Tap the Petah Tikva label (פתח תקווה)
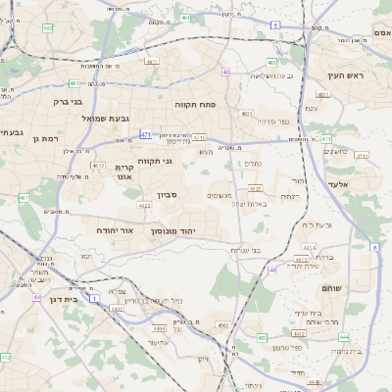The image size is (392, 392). (x=195, y=104)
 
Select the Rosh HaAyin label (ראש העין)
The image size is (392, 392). (x=347, y=75)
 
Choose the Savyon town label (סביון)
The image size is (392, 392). (x=166, y=196)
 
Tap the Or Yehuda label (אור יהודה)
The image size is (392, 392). (x=116, y=228)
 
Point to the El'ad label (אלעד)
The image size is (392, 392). (x=337, y=184)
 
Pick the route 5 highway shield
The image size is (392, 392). (x=275, y=24)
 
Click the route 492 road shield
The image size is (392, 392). (x=48, y=29)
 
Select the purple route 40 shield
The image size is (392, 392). (x=226, y=72)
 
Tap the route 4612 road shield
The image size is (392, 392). (x=97, y=166)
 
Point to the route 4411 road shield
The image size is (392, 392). (x=152, y=61)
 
